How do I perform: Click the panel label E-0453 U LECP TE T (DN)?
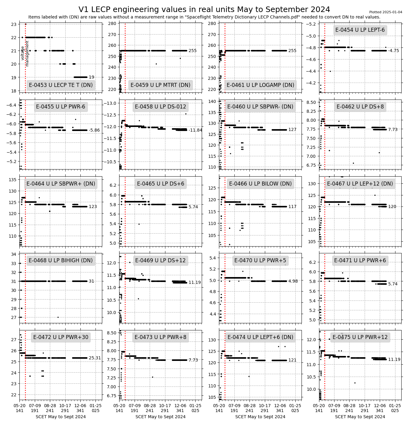pos(61,85)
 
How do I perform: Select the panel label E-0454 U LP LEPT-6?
pos(360,30)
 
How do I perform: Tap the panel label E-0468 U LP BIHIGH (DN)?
pos(61,260)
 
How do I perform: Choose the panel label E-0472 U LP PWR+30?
pos(61,337)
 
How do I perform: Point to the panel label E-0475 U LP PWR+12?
pos(360,337)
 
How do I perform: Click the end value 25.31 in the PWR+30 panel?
pos(95,358)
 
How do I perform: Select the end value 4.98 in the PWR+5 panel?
pos(293,281)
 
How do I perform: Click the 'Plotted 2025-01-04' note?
pos(386,12)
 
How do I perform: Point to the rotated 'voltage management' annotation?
pos(25,56)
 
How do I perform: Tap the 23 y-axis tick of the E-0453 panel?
pos(14,24)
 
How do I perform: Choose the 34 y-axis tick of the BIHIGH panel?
pos(14,255)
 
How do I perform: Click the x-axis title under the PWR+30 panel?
pos(61,417)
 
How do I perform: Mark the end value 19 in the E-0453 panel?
pos(91,77)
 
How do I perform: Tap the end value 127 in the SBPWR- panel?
pos(292,130)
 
